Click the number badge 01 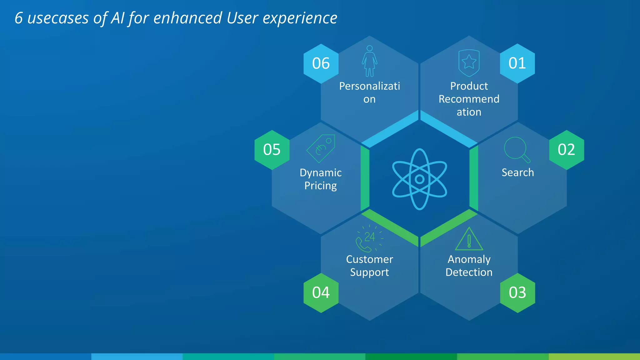pyautogui.click(x=517, y=63)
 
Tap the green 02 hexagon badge pyautogui.click(x=566, y=150)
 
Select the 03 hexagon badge pyautogui.click(x=517, y=293)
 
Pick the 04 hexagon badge pyautogui.click(x=321, y=293)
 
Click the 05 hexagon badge pyautogui.click(x=272, y=150)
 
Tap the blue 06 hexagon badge pyautogui.click(x=321, y=63)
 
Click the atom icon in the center pyautogui.click(x=419, y=179)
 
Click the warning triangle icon pyautogui.click(x=469, y=239)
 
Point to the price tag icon pyautogui.click(x=321, y=148)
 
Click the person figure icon pyautogui.click(x=370, y=61)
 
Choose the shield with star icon pyautogui.click(x=469, y=63)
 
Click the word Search pyautogui.click(x=517, y=172)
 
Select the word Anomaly pyautogui.click(x=469, y=259)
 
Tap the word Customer pyautogui.click(x=369, y=259)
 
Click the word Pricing pyautogui.click(x=321, y=186)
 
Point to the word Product pyautogui.click(x=469, y=86)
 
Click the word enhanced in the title pyautogui.click(x=187, y=18)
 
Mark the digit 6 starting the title pyautogui.click(x=19, y=18)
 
